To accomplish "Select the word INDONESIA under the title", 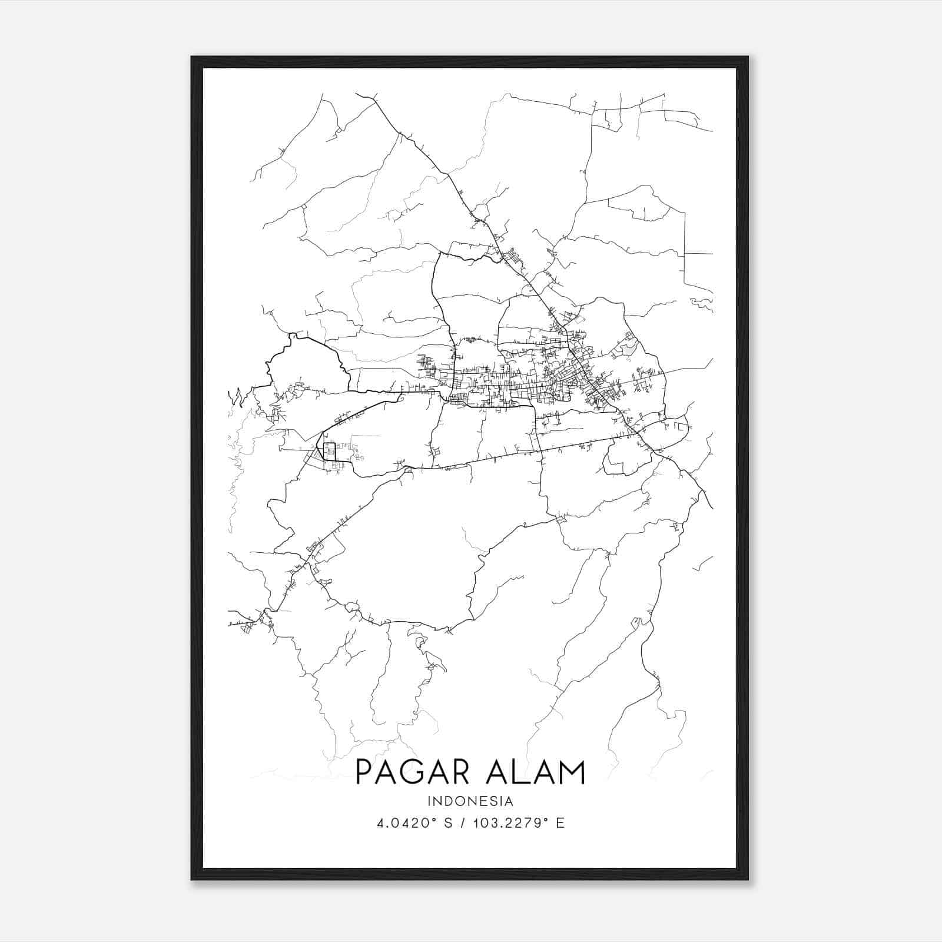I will [470, 801].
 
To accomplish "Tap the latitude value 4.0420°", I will [402, 823].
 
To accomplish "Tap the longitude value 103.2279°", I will [507, 823].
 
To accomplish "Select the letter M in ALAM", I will [571, 772].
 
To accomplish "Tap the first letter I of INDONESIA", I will [430, 801].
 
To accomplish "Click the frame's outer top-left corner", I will [191, 57].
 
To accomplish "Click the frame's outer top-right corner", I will [748, 57].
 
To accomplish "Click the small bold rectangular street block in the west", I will [329, 452].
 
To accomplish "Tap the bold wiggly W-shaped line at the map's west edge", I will [238, 397].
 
